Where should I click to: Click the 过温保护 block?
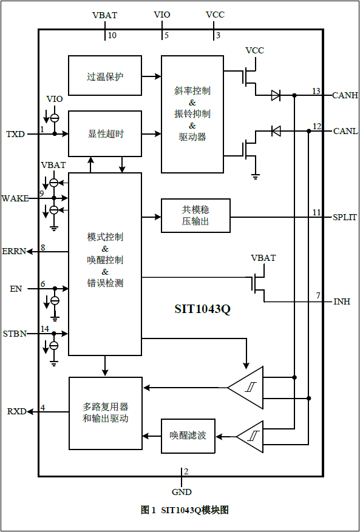point(105,76)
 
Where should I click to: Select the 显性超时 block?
point(105,133)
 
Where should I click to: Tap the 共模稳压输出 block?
point(195,215)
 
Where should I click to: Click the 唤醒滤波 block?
point(188,436)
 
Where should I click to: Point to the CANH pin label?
point(345,95)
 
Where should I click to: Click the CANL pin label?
point(345,131)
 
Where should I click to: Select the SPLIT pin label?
point(345,217)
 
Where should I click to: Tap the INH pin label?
point(341,301)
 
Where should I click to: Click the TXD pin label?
point(15,134)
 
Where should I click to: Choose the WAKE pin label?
point(15,198)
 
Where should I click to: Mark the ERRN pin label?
point(14,251)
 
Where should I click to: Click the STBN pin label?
point(15,334)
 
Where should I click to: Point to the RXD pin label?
point(16,411)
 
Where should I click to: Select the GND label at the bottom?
point(182,492)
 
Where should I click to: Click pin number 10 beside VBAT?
point(112,36)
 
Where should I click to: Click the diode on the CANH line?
point(276,95)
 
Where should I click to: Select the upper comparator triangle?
point(246,387)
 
